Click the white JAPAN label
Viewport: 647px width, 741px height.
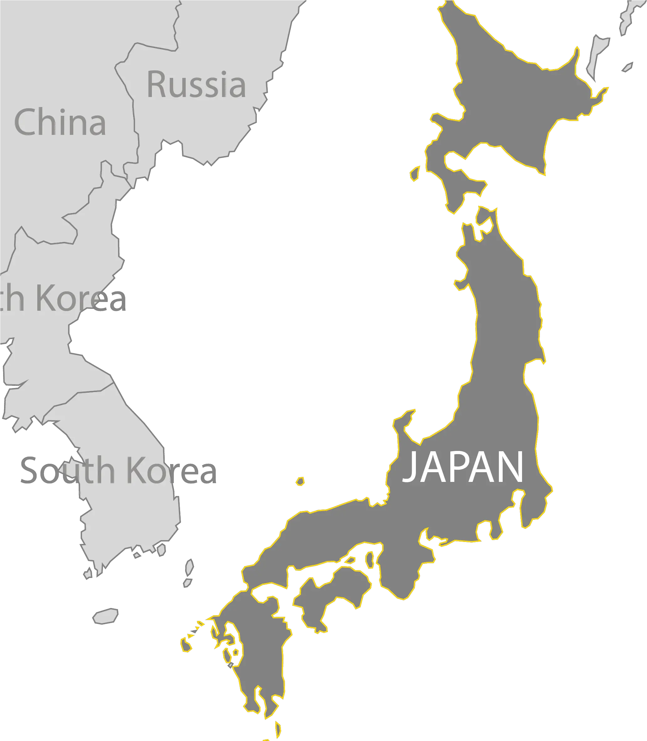(x=463, y=468)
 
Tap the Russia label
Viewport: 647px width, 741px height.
(x=196, y=85)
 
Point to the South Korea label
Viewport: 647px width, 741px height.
(x=118, y=470)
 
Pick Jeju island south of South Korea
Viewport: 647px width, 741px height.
(x=106, y=616)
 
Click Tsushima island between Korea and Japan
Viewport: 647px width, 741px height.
(x=189, y=572)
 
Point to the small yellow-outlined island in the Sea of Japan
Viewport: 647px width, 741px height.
(x=300, y=481)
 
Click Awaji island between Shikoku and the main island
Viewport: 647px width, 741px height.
(x=369, y=559)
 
